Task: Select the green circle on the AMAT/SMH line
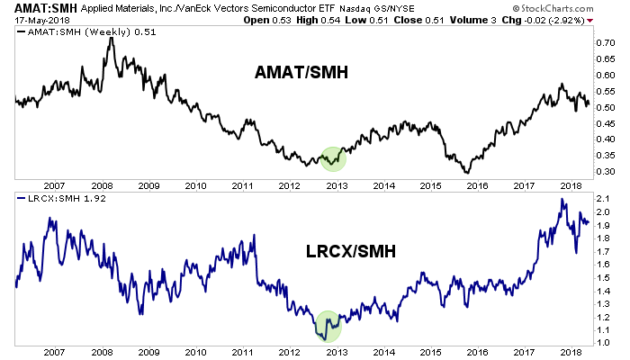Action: pos(333,158)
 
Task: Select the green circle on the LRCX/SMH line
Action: pos(328,324)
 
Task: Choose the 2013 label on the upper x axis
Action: pos(337,184)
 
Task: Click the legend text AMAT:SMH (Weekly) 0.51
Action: pos(83,31)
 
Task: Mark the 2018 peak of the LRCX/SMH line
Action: pos(562,200)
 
